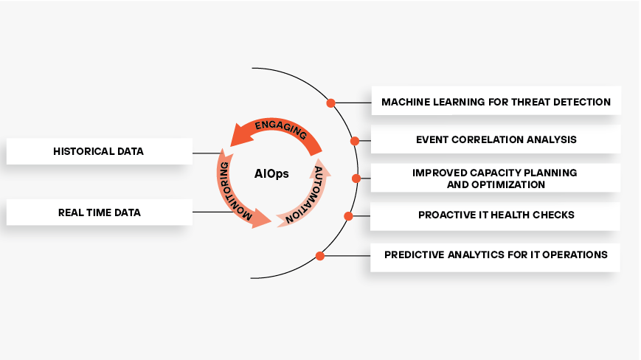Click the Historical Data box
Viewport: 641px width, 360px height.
pyautogui.click(x=99, y=151)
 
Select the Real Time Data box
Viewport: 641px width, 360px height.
pyautogui.click(x=99, y=212)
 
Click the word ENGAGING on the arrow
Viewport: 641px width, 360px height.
pyautogui.click(x=280, y=131)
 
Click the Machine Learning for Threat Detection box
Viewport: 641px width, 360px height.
pyautogui.click(x=496, y=101)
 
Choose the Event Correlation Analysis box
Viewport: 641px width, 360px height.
pyautogui.click(x=496, y=139)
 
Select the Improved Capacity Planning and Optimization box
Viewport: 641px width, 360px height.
pyautogui.click(x=496, y=178)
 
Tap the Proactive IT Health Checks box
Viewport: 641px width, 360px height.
pyautogui.click(x=496, y=215)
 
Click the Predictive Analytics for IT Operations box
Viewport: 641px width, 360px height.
pyautogui.click(x=496, y=255)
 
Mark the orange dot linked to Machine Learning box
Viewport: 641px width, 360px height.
pyautogui.click(x=331, y=103)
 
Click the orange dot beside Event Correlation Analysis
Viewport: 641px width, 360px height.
pyautogui.click(x=355, y=140)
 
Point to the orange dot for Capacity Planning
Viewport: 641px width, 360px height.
pyautogui.click(x=356, y=179)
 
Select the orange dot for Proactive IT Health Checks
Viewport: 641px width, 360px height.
pyautogui.click(x=349, y=216)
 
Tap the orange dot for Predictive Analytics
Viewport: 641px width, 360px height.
pyautogui.click(x=319, y=256)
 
